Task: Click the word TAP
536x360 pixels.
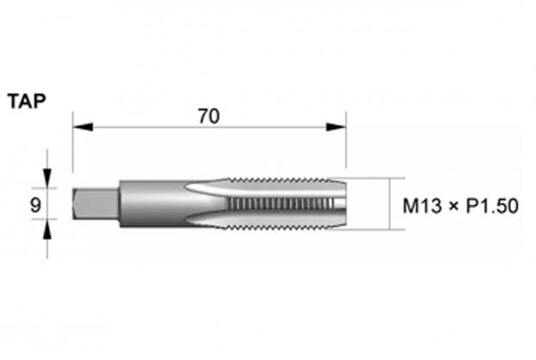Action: pyautogui.click(x=27, y=102)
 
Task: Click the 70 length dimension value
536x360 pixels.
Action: pyautogui.click(x=209, y=116)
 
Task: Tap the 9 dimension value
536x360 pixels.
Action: pyautogui.click(x=35, y=205)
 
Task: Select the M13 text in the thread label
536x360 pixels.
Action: pyautogui.click(x=422, y=206)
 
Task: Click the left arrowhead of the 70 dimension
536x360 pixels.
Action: pyautogui.click(x=83, y=127)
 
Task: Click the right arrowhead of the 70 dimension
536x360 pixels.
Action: pyautogui.click(x=336, y=127)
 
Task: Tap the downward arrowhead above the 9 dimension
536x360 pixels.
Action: pyautogui.click(x=47, y=178)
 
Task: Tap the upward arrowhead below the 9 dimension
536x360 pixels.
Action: pyautogui.click(x=47, y=228)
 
